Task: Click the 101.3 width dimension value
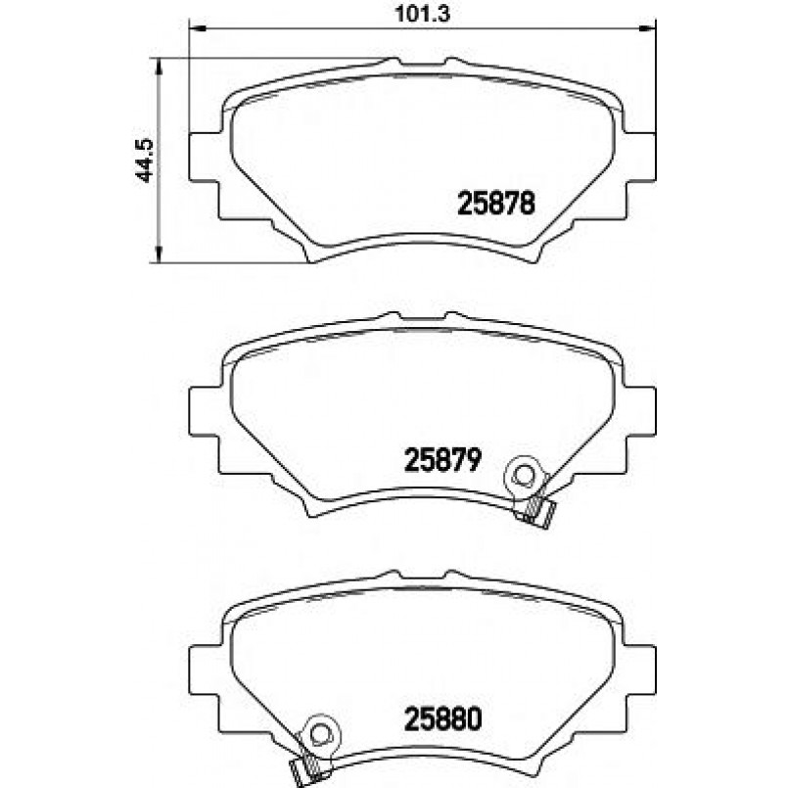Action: click(x=422, y=14)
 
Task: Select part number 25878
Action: click(x=496, y=204)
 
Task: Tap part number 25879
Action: click(x=443, y=459)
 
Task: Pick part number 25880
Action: click(x=443, y=718)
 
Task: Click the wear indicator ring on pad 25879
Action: click(x=524, y=474)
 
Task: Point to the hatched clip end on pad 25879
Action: click(x=535, y=512)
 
